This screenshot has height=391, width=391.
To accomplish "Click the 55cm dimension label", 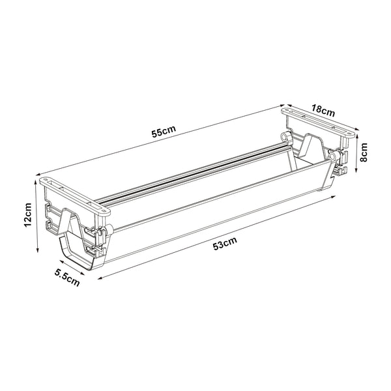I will [163, 132].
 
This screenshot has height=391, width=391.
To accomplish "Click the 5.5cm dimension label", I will [67, 278].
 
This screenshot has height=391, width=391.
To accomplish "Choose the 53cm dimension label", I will [225, 244].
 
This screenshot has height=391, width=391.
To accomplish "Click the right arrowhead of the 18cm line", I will [356, 130].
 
